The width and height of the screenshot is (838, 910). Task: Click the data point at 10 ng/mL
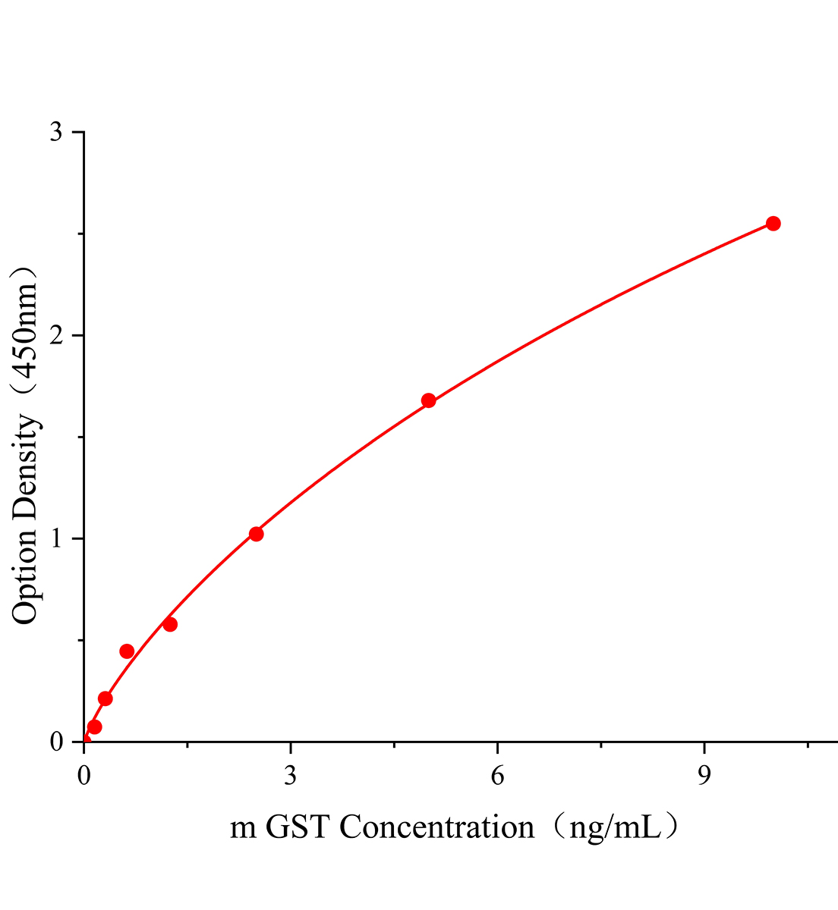pos(773,223)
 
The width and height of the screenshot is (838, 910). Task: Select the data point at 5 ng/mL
pos(428,400)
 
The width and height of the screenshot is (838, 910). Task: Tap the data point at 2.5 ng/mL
pos(256,534)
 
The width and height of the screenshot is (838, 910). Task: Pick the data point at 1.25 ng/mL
pos(170,624)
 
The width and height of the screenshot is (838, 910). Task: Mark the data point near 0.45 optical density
pos(127,651)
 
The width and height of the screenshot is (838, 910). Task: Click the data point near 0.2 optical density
pos(106,698)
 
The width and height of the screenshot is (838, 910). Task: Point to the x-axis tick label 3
pos(290,776)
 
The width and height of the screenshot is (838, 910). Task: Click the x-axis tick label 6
pos(497,776)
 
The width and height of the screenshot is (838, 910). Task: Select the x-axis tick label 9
pos(704,776)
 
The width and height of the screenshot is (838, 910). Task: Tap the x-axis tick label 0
pos(83,776)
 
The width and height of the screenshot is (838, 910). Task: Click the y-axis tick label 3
pos(56,133)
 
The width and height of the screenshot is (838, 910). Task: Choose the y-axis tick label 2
pos(56,336)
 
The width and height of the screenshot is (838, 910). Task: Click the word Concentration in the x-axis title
pos(436,827)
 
